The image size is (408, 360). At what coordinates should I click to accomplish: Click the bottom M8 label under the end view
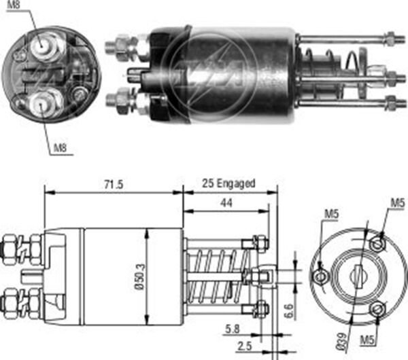(x=59, y=147)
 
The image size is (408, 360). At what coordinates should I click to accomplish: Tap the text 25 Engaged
(x=228, y=183)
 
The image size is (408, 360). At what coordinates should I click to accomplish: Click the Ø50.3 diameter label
(x=139, y=277)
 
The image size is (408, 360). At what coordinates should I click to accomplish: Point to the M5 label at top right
(x=398, y=202)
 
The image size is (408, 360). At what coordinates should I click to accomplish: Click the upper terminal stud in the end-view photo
(x=42, y=45)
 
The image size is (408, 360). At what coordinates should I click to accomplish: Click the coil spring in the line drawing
(x=216, y=275)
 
